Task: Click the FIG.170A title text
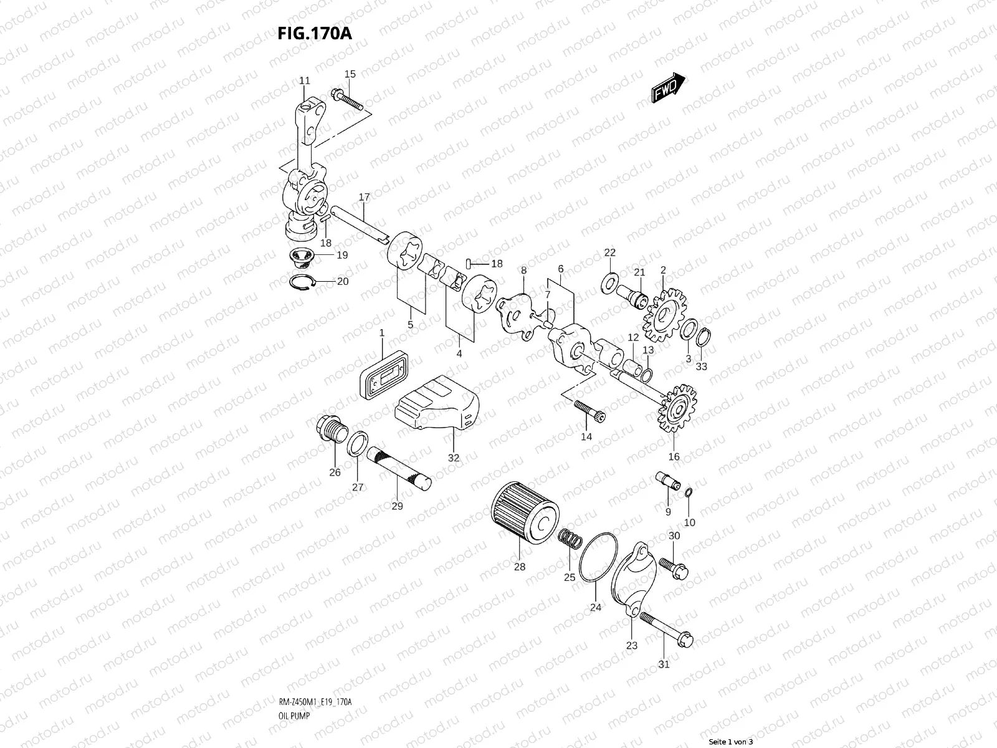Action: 315,33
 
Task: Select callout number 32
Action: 454,458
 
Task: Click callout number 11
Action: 304,81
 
